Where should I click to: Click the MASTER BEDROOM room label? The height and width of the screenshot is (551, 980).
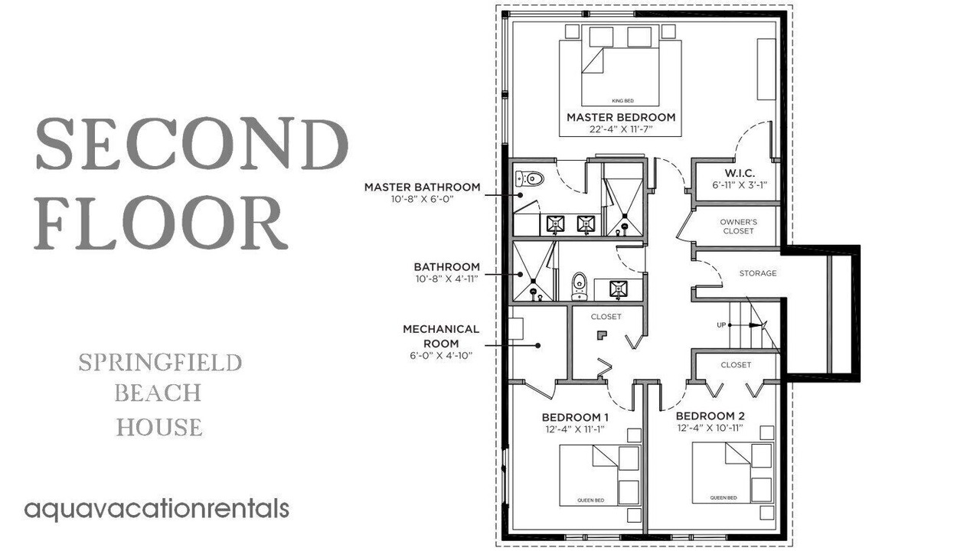pyautogui.click(x=621, y=117)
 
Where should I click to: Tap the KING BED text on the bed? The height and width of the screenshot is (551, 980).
pyautogui.click(x=622, y=101)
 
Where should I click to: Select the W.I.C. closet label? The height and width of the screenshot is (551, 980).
pyautogui.click(x=740, y=173)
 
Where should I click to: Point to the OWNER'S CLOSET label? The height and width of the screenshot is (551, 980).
pyautogui.click(x=738, y=226)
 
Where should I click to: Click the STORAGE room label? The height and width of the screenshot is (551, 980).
pyautogui.click(x=758, y=273)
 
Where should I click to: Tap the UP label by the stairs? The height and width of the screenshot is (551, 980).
pyautogui.click(x=721, y=325)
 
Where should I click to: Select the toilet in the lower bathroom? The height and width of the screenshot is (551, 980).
pyautogui.click(x=580, y=286)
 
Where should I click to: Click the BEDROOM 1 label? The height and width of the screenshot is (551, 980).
pyautogui.click(x=575, y=417)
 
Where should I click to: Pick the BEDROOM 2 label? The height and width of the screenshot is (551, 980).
pyautogui.click(x=710, y=416)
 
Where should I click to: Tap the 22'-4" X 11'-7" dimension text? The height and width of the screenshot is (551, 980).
pyautogui.click(x=621, y=129)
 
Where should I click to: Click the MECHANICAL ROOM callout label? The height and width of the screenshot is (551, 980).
pyautogui.click(x=441, y=336)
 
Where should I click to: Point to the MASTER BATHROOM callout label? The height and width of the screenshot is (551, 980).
pyautogui.click(x=422, y=187)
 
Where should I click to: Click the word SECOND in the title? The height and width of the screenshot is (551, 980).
pyautogui.click(x=191, y=143)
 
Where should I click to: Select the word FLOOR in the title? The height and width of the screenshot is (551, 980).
pyautogui.click(x=161, y=223)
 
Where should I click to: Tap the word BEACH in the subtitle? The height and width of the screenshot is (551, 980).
pyautogui.click(x=158, y=393)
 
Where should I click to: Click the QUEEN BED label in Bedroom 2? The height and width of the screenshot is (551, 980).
pyautogui.click(x=724, y=497)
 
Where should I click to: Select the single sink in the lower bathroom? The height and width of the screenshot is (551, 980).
pyautogui.click(x=618, y=289)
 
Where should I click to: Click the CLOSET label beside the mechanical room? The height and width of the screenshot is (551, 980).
pyautogui.click(x=606, y=317)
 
